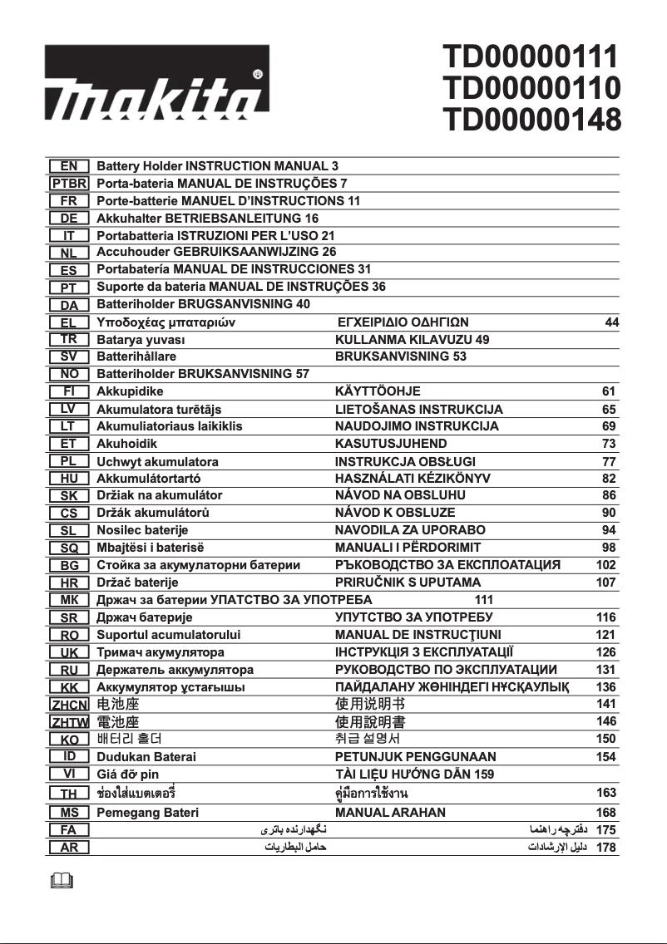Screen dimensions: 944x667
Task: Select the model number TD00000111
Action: pyautogui.click(x=531, y=57)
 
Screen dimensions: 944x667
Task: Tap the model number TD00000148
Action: pyautogui.click(x=531, y=120)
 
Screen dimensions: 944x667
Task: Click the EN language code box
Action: pyautogui.click(x=70, y=166)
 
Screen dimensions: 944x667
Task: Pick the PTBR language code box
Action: pyautogui.click(x=70, y=184)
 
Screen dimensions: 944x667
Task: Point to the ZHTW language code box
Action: pyautogui.click(x=70, y=721)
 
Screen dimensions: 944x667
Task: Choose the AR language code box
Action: pyautogui.click(x=70, y=848)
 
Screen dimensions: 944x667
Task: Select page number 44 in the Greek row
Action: pyautogui.click(x=612, y=322)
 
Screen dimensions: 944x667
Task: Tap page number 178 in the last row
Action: pyautogui.click(x=606, y=848)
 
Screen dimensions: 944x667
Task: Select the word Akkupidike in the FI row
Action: pyautogui.click(x=131, y=391)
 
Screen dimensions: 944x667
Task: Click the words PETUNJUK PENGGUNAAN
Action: pyautogui.click(x=415, y=756)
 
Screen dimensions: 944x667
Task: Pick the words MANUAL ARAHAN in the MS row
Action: pyautogui.click(x=390, y=812)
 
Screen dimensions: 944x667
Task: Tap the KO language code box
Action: pyautogui.click(x=70, y=739)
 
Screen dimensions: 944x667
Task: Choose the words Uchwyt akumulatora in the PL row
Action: pyautogui.click(x=158, y=461)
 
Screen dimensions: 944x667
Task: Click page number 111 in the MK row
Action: pyautogui.click(x=484, y=600)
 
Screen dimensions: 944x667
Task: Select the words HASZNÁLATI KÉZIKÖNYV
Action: pyautogui.click(x=413, y=478)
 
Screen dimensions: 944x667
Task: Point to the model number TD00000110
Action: pyautogui.click(x=531, y=88)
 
